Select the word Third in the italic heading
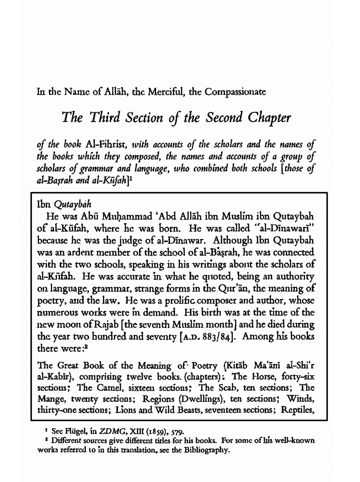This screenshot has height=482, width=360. [x=107, y=118]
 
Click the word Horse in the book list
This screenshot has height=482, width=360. [x=261, y=376]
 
